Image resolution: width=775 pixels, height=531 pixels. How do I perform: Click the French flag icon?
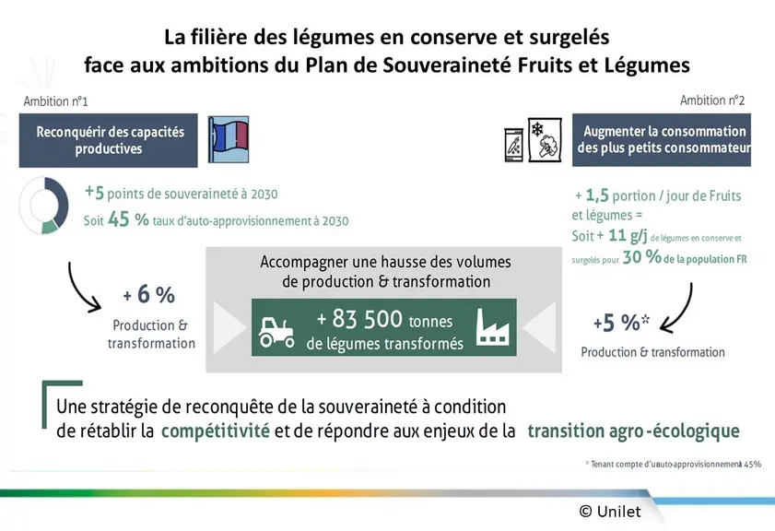[x=229, y=139]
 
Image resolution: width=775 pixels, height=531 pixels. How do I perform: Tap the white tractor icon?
[x=276, y=331]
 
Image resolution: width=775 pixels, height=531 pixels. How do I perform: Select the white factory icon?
[x=492, y=327]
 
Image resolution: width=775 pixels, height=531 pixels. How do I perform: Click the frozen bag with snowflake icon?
[x=545, y=140]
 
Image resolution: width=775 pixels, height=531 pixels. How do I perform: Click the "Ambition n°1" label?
[x=56, y=101]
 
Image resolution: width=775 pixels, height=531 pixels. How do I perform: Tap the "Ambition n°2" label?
[x=712, y=100]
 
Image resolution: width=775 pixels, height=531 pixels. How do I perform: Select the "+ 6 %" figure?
[x=148, y=295]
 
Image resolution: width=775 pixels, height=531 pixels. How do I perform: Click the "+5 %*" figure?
[x=621, y=323]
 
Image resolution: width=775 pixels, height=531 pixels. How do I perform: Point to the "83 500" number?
[x=368, y=319]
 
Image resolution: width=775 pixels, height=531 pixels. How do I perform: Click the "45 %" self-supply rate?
[x=128, y=219]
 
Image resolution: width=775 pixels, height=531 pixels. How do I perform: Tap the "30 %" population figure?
[x=642, y=257]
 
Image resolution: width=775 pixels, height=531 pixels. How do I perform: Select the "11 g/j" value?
[x=628, y=235]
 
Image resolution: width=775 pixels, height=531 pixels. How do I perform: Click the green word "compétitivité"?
[x=216, y=431]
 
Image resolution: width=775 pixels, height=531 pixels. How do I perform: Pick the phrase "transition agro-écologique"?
[x=634, y=431]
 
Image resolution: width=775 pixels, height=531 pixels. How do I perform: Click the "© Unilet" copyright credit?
[x=610, y=512]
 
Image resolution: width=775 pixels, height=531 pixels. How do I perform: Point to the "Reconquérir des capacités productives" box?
[x=108, y=140]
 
